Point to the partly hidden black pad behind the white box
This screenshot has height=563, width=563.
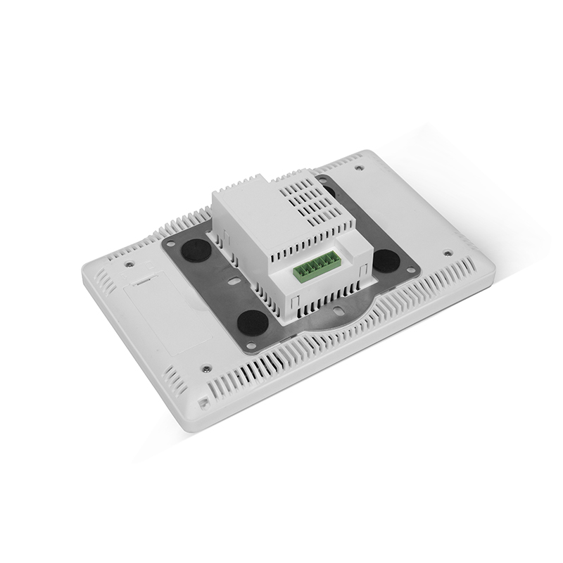pyautogui.click(x=326, y=184)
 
